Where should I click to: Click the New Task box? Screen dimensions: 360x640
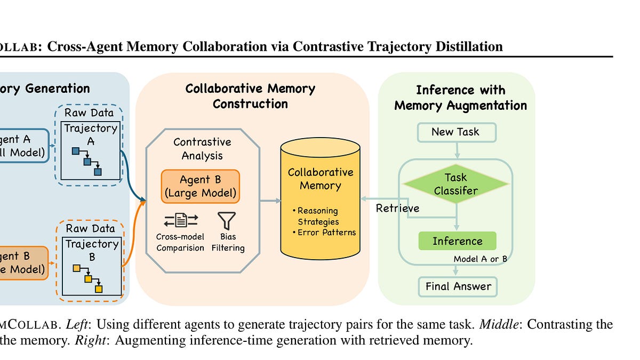[456, 132]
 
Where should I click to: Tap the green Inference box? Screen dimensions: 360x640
[457, 241]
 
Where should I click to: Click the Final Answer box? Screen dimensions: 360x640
[458, 286]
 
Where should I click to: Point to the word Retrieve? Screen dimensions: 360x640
[398, 208]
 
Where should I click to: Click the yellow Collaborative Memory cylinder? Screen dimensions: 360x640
[320, 197]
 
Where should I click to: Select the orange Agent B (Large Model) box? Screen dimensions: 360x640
[201, 186]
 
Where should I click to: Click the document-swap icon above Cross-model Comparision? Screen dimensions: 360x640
[180, 220]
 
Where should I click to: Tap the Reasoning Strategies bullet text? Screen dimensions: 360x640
[318, 216]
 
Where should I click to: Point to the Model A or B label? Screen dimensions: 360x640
[479, 259]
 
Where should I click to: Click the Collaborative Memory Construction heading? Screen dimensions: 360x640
[250, 96]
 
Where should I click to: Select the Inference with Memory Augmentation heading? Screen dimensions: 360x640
[460, 98]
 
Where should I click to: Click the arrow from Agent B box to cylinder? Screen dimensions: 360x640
[270, 201]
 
